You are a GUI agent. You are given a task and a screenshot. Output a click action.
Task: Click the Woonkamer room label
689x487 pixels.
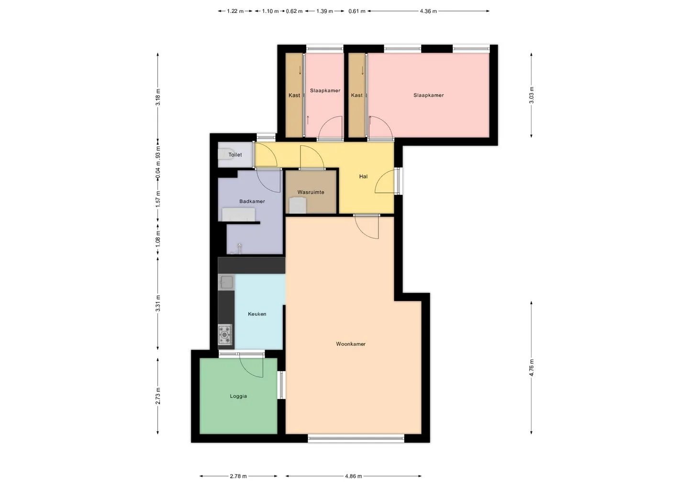[351, 344]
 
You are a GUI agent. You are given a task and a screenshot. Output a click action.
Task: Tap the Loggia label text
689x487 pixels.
[238, 396]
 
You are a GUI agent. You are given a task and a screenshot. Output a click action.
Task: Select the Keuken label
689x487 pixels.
[257, 314]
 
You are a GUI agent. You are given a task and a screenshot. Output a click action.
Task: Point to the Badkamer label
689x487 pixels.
[252, 201]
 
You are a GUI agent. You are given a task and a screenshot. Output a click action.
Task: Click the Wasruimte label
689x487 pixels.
[311, 192]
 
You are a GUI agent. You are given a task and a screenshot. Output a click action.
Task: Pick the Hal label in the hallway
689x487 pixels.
[363, 177]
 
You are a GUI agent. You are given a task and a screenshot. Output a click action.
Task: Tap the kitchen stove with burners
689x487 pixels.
[225, 334]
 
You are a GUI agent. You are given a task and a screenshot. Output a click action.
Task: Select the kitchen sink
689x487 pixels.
[226, 282]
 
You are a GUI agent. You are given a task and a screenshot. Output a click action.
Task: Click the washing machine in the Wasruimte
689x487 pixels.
[298, 205]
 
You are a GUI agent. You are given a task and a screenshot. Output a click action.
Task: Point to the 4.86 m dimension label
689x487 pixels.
[354, 476]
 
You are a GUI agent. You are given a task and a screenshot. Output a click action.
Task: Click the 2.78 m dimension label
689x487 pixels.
[238, 476]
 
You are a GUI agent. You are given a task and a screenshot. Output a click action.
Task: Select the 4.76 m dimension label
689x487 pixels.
[531, 368]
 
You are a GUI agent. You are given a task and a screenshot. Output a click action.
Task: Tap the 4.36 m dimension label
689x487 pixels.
[429, 11]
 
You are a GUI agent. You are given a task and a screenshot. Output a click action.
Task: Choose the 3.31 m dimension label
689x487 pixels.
[158, 303]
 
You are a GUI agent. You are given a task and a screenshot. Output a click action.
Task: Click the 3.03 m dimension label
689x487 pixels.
[531, 95]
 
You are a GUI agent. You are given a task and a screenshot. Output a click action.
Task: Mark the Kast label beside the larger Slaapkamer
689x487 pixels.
[357, 95]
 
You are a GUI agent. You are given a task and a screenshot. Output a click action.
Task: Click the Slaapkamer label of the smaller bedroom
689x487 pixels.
[325, 91]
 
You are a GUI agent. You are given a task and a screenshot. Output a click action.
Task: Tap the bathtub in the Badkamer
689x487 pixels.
[239, 215]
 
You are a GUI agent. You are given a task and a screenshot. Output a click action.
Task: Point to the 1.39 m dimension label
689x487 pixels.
[324, 11]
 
